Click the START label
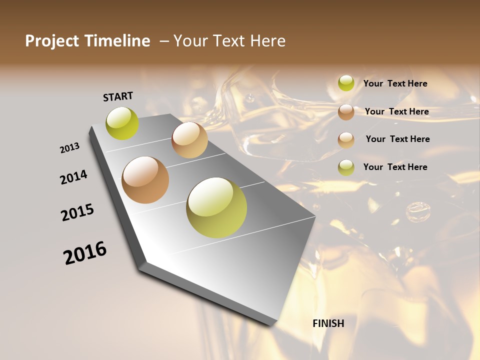point(118,96)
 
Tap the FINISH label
point(328,323)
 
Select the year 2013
point(70,148)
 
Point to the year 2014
point(73,177)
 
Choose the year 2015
point(77,212)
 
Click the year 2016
point(85,253)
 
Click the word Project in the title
point(51,41)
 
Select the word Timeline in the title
point(117,41)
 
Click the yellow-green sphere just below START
point(122,123)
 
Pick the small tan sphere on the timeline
point(189,140)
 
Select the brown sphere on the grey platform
point(145,180)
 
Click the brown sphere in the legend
point(346,112)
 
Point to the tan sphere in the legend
point(346,139)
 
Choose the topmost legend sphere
point(346,83)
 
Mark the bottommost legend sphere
point(346,167)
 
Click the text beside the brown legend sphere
point(396,111)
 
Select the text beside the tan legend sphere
point(397,139)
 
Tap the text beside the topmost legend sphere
point(395,83)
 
